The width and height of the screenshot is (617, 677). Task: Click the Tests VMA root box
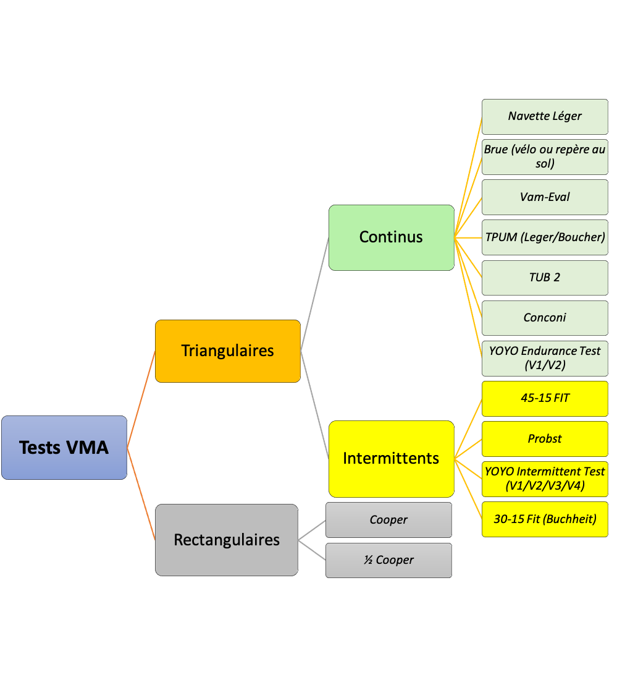coord(64,448)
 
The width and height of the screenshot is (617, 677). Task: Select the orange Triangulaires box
coord(227,351)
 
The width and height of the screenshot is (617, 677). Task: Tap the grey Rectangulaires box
coord(227,540)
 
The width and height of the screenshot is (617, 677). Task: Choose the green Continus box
coord(391,237)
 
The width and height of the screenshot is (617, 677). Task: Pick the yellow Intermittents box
coord(391,459)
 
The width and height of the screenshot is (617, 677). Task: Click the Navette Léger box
coord(545,116)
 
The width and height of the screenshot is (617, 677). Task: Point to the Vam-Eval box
coord(545,197)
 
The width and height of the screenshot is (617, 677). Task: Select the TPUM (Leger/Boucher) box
coord(545,237)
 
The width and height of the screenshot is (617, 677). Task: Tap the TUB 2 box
coord(545,278)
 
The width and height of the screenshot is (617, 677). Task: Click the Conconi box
coord(545,318)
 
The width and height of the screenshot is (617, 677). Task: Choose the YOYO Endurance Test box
coord(545,358)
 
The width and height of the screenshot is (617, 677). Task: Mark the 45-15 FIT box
coord(545,398)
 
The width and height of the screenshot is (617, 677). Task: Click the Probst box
coord(545,439)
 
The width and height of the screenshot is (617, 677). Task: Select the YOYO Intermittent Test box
coord(545,479)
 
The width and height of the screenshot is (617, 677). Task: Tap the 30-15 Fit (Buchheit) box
coord(545,519)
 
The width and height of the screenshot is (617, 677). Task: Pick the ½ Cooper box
coord(388,560)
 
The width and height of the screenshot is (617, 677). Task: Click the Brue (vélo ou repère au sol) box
coord(545,156)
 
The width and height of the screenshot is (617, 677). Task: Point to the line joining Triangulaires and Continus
coord(314,294)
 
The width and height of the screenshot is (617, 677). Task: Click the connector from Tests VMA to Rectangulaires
coord(141,493)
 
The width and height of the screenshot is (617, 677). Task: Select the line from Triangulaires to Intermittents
coord(314,404)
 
